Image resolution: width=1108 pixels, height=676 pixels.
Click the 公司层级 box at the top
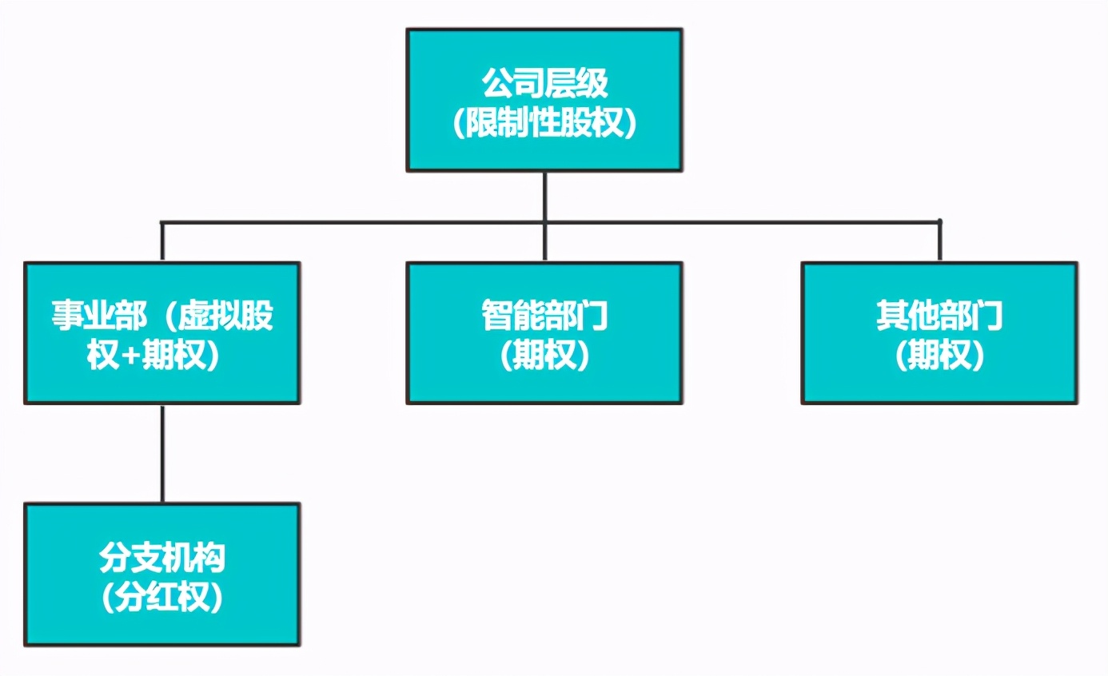click(x=544, y=100)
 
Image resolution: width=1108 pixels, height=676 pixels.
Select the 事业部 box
click(x=162, y=332)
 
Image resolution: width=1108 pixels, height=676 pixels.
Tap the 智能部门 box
click(x=544, y=332)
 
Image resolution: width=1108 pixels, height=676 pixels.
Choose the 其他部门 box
click(x=939, y=332)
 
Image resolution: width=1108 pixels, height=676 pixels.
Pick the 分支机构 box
click(x=162, y=574)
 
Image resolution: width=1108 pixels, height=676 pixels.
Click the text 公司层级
click(x=544, y=83)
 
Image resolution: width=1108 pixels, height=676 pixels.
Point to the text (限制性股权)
click(x=544, y=125)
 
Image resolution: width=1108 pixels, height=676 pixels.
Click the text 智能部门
click(x=544, y=316)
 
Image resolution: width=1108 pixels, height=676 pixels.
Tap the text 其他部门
click(x=939, y=316)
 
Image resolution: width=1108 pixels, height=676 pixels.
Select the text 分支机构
click(x=162, y=557)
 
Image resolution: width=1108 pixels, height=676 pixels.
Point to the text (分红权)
click(x=162, y=598)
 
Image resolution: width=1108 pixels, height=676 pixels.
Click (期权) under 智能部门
click(x=544, y=357)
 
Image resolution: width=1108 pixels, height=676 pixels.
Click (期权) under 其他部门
click(x=939, y=357)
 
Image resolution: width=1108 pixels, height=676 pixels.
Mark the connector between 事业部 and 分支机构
click(x=162, y=453)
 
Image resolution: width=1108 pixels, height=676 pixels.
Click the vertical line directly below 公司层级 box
click(x=544, y=196)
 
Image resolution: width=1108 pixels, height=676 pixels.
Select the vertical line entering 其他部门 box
click(x=939, y=241)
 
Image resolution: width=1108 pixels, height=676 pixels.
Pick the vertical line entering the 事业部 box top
click(x=162, y=241)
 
